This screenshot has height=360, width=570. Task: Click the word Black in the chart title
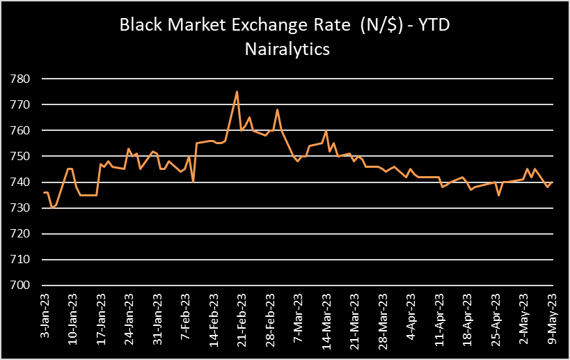pos(139,26)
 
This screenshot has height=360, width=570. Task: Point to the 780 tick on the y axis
pos(22,79)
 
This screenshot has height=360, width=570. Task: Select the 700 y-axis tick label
pos(22,285)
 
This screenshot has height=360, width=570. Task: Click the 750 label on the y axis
pos(22,157)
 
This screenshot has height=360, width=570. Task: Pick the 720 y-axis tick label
pos(22,234)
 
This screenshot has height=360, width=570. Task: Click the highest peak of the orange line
pos(237,91)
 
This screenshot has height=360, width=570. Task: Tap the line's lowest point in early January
pos(52,208)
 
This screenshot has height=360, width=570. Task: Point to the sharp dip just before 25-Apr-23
pos(499,195)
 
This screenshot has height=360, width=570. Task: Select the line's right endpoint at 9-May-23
pos(553,182)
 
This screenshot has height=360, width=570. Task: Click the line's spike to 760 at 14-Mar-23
pos(326,131)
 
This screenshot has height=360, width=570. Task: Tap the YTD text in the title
pos(439,26)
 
